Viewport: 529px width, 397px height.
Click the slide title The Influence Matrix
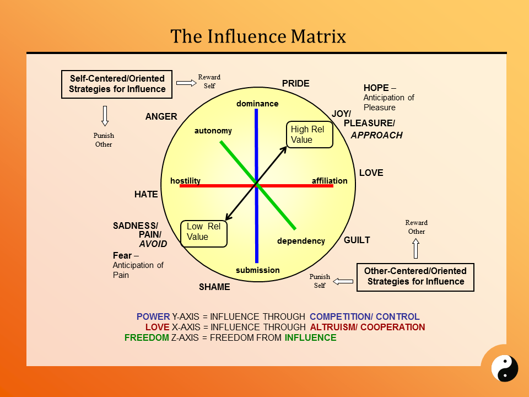pyautogui.click(x=258, y=36)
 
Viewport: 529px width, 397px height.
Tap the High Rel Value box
pyautogui.click(x=310, y=135)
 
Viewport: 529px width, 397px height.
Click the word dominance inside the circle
pyautogui.click(x=257, y=104)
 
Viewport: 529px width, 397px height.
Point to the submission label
pyautogui.click(x=257, y=270)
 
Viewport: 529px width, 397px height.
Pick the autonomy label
pyautogui.click(x=213, y=131)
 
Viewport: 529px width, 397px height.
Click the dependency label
pyautogui.click(x=301, y=241)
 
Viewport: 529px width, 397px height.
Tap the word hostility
pyautogui.click(x=185, y=181)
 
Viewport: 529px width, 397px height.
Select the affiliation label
pyautogui.click(x=330, y=181)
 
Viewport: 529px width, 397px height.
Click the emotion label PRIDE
pyautogui.click(x=296, y=84)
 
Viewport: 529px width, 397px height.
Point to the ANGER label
pyautogui.click(x=161, y=117)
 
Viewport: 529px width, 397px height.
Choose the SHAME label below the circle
pyautogui.click(x=214, y=287)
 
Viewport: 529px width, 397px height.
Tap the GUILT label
pyautogui.click(x=357, y=240)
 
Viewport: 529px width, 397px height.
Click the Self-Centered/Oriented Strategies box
pyautogui.click(x=117, y=84)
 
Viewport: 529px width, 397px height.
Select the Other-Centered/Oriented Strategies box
pyautogui.click(x=415, y=276)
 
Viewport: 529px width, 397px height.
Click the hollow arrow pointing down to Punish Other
pyautogui.click(x=105, y=116)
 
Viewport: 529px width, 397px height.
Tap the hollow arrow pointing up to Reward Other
pyautogui.click(x=416, y=249)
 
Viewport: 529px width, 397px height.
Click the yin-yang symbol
pyautogui.click(x=505, y=368)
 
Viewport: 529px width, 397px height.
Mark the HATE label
pyautogui.click(x=146, y=195)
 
